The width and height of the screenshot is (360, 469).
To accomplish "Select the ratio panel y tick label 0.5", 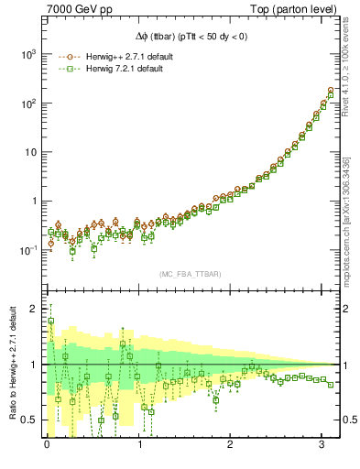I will pos(30,420).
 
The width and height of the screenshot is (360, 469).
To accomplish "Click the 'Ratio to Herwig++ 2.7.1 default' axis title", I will pos(11,365).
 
